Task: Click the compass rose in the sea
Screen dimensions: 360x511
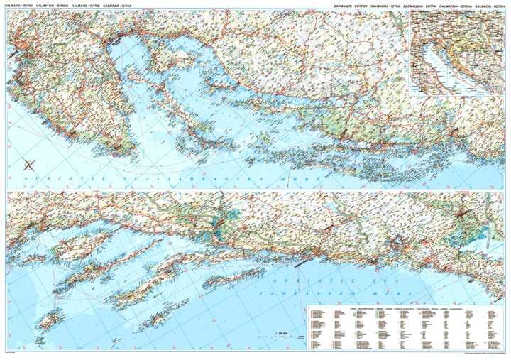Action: coord(28,165)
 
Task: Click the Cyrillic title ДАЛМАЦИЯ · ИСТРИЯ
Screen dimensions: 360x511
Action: coord(352,6)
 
